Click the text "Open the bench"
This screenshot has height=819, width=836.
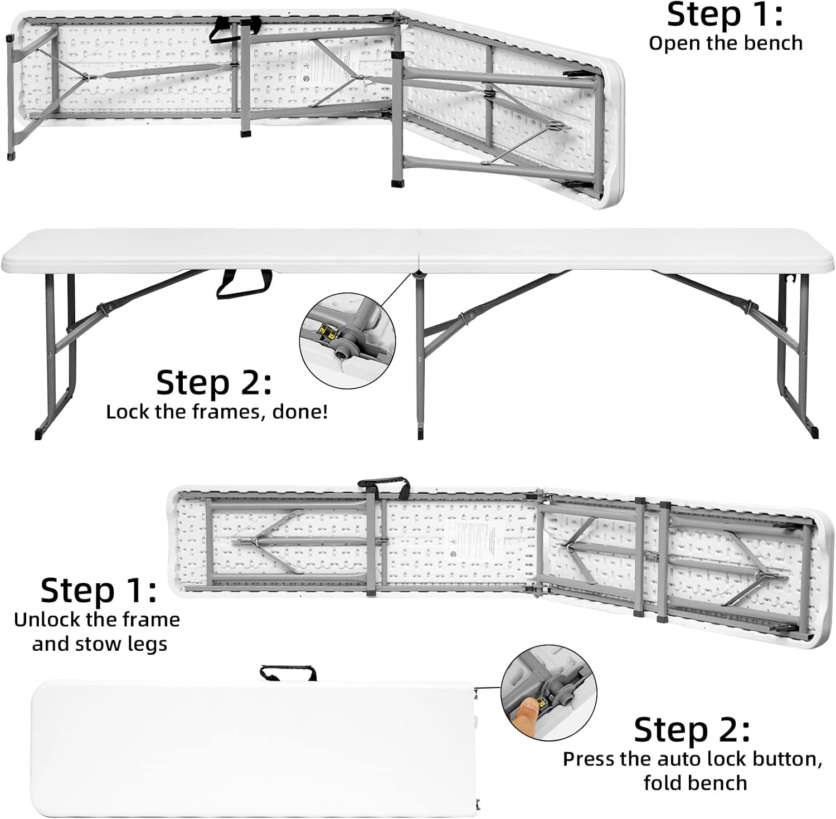(x=725, y=43)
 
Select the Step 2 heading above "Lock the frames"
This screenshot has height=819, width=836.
(x=213, y=383)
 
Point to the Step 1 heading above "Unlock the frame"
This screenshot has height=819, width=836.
(x=99, y=590)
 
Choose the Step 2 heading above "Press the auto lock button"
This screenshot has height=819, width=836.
(x=692, y=729)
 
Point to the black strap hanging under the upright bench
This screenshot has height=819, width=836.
(x=244, y=284)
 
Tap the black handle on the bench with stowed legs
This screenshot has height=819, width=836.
(x=383, y=484)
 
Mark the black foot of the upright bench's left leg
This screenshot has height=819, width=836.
(x=38, y=433)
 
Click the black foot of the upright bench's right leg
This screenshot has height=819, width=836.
(x=814, y=432)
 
